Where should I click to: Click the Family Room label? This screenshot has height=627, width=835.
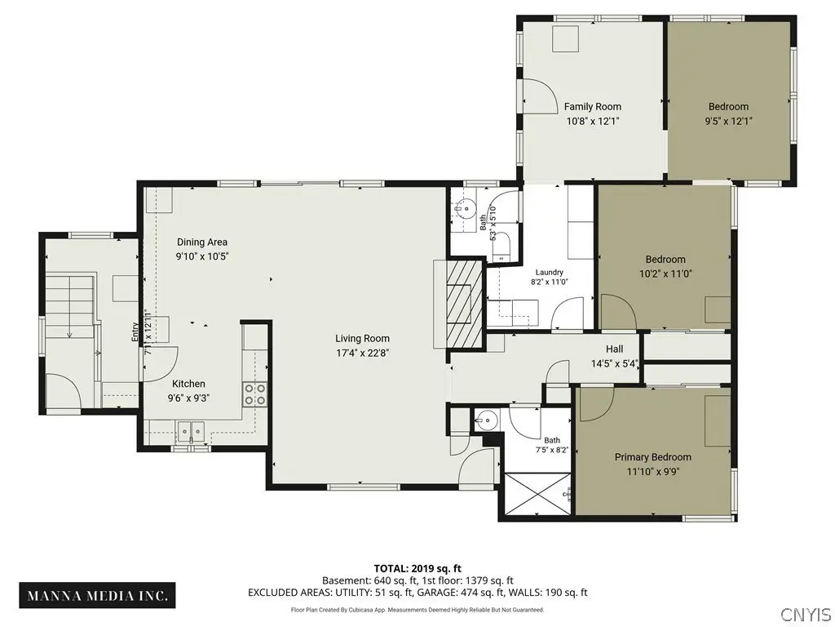593,107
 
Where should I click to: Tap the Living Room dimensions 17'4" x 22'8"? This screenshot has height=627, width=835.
363,353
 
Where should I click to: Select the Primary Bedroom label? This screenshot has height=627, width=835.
653,457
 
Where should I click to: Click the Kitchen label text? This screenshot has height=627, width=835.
188,384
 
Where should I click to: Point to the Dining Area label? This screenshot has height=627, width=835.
202,242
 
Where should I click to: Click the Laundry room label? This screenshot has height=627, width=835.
550,272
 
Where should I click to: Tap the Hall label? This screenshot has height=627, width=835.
615,349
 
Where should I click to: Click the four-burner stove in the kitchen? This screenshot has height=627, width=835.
255,394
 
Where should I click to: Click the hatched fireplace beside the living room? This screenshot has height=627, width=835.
464,305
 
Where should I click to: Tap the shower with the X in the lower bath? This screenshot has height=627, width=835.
537,494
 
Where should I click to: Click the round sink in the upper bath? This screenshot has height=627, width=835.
466,208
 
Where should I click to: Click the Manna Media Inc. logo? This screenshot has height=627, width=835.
98,595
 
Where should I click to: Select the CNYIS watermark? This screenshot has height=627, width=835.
806,614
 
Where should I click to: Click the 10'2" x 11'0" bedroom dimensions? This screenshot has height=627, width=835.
665,274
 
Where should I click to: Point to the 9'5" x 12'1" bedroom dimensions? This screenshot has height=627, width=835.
728,121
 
